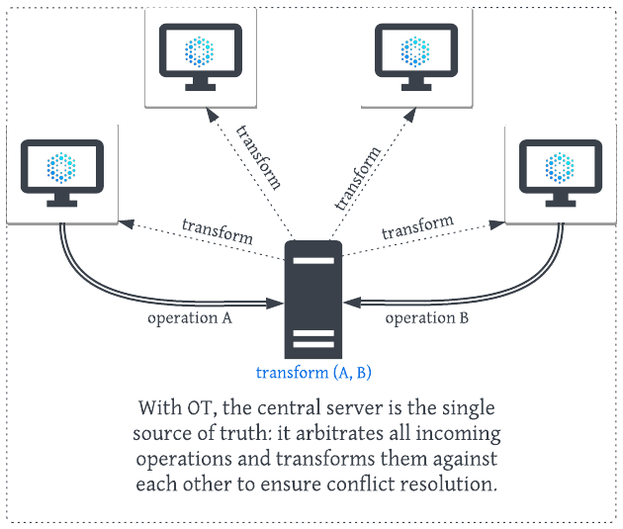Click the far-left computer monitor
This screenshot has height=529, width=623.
[61, 171]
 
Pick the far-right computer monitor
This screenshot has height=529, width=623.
[560, 171]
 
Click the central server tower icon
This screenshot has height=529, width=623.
[312, 300]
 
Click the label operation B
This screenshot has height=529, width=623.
[426, 318]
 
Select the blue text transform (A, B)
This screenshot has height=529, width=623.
[312, 373]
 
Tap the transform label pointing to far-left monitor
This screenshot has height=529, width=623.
[217, 230]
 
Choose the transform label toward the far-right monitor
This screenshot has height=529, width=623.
[417, 226]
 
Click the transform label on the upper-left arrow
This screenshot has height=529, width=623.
[259, 157]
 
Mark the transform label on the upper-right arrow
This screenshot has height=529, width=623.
[357, 179]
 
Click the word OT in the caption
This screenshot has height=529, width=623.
[197, 408]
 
